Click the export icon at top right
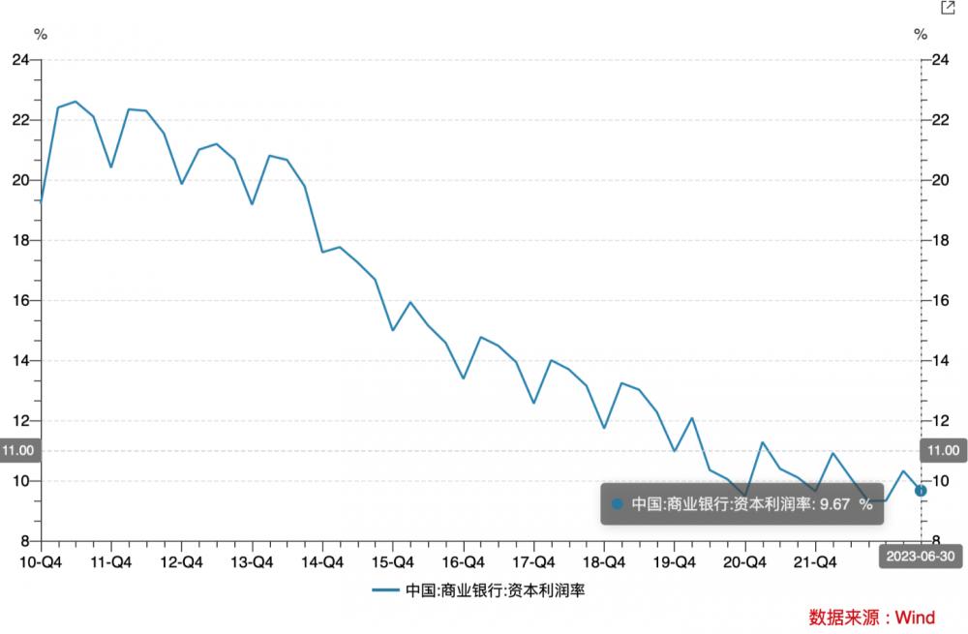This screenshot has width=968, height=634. pos(948,8)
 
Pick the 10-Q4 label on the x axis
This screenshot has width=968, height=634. pos(40,561)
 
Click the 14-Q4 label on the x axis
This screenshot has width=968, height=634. pos(322,561)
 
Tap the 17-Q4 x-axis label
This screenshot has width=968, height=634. pos(533,561)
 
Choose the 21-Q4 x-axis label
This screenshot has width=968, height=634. pos(815,561)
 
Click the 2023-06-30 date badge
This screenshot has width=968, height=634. pos(920,557)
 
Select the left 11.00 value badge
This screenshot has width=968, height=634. pos(19,451)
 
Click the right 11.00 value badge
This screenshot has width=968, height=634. pos(943,451)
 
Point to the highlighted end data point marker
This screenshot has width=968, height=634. pos(921,491)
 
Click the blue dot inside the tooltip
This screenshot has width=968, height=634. pos(618,504)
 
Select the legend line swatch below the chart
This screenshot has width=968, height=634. pos(385,589)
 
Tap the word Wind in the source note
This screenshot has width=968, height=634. pos(915,618)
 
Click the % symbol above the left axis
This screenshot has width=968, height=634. pos(41,35)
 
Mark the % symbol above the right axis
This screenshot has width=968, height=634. pos(921,35)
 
